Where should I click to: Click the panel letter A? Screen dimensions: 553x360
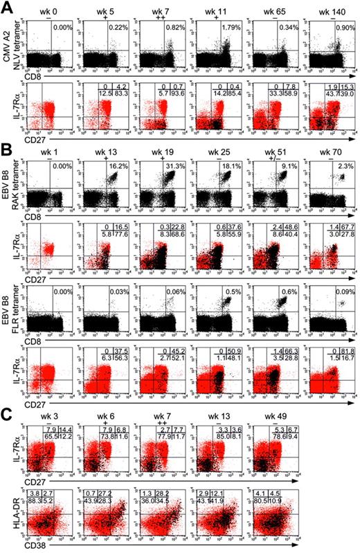pos(6,6)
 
